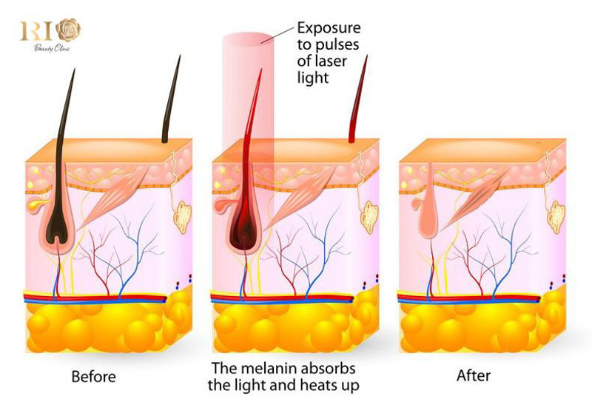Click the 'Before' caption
click(x=93, y=376)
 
